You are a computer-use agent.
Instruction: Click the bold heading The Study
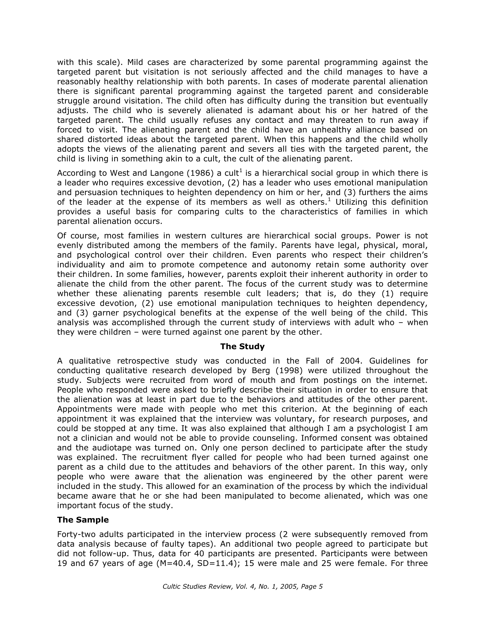(242, 347)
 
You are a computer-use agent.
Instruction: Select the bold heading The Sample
(83, 520)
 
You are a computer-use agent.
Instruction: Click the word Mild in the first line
(136, 62)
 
